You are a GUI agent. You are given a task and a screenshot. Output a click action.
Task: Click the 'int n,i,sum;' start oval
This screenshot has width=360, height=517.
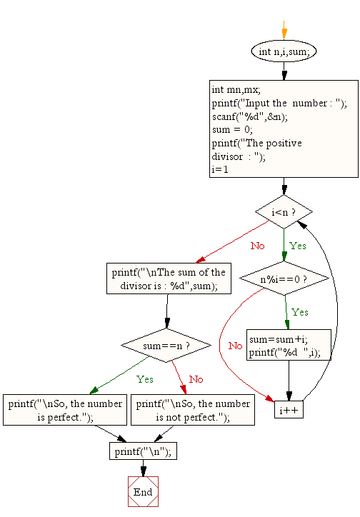[284, 51]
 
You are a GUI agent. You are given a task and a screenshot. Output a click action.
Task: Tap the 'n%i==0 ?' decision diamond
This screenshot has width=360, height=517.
[284, 278]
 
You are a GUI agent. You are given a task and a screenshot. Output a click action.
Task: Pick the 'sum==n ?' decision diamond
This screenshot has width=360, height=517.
[166, 346]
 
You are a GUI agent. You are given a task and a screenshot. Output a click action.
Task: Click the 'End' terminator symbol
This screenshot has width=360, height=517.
[143, 492]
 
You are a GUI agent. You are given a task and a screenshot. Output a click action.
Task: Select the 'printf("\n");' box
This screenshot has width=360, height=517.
[143, 451]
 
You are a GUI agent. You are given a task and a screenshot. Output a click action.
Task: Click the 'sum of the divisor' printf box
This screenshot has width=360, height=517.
[168, 278]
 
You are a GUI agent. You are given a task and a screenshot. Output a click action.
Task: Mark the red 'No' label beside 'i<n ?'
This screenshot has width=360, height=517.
[257, 246]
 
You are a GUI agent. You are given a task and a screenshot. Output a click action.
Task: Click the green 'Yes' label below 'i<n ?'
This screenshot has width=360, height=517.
[297, 245]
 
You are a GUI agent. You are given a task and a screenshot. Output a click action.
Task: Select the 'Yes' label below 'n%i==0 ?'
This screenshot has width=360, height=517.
[300, 312]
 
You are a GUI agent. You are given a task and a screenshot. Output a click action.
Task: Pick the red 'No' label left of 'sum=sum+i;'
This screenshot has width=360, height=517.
[235, 346]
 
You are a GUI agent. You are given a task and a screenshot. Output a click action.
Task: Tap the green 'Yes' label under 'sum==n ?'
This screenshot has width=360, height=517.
[144, 379]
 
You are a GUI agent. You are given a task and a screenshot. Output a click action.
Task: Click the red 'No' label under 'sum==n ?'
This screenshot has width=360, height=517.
[196, 379]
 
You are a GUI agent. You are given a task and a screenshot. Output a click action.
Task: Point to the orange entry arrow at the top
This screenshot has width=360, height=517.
[284, 32]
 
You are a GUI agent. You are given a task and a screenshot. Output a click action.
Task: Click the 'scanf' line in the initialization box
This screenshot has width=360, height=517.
[243, 116]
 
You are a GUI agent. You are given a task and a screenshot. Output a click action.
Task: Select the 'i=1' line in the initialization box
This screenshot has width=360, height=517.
[219, 170]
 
